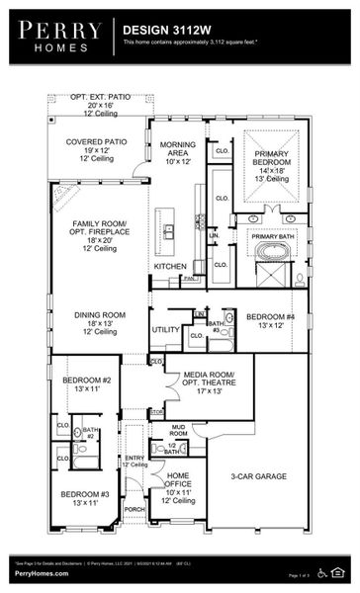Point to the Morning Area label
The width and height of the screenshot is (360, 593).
click(x=178, y=150)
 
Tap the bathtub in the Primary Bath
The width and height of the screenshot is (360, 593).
click(x=270, y=250)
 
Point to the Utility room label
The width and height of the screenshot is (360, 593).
click(x=164, y=329)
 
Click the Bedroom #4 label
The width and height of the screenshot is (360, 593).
click(x=268, y=318)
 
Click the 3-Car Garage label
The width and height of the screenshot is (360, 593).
click(x=258, y=476)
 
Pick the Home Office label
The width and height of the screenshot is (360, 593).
click(x=185, y=483)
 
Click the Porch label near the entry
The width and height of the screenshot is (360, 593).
click(x=134, y=510)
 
